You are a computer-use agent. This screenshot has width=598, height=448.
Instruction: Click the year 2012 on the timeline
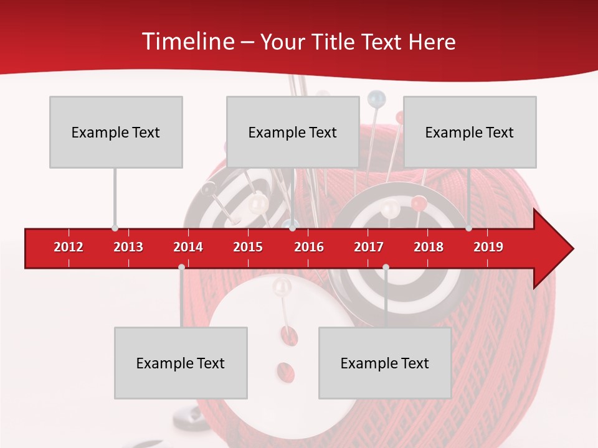(69, 247)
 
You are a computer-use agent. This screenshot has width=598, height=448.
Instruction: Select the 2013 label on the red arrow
(128, 247)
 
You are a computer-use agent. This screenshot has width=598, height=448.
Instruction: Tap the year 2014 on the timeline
(188, 247)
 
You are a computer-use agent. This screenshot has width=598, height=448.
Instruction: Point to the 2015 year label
(248, 247)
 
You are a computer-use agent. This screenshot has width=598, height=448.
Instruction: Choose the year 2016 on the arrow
(309, 247)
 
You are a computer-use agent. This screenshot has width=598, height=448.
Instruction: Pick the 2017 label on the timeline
(369, 247)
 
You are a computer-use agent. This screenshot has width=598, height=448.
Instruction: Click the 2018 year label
(429, 247)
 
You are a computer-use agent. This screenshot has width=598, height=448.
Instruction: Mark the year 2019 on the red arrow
(488, 247)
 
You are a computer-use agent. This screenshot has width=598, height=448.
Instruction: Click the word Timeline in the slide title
(187, 42)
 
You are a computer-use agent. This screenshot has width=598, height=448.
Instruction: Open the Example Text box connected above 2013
(116, 132)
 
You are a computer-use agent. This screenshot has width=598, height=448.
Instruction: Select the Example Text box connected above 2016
(293, 132)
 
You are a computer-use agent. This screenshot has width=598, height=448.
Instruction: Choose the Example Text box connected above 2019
(470, 132)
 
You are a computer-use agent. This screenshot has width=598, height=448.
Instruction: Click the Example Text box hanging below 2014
(181, 363)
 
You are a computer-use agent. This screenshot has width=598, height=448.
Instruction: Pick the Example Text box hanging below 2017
(385, 363)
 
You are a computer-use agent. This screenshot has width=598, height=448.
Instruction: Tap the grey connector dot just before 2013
(115, 228)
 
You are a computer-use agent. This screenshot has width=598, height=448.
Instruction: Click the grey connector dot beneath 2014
(181, 267)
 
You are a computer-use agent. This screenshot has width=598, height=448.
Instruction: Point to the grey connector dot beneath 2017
(386, 267)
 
